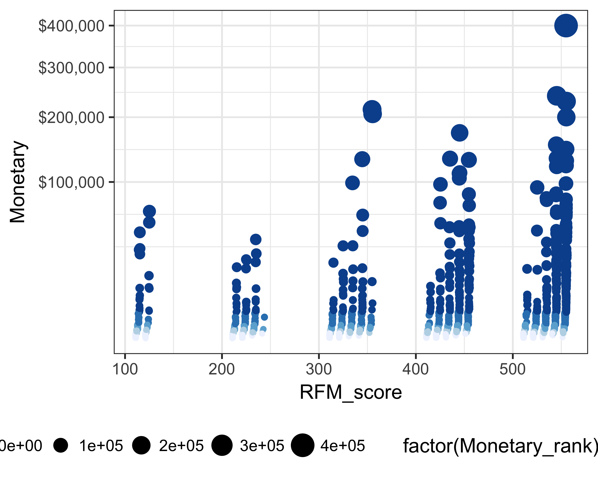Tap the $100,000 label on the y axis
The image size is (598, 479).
[71, 182]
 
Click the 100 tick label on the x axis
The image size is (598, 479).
[125, 370]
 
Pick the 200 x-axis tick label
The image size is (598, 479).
[222, 370]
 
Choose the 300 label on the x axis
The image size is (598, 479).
[319, 370]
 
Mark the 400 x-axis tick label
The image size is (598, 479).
[415, 370]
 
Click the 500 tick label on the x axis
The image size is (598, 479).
[512, 370]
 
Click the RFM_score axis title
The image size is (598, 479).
[351, 392]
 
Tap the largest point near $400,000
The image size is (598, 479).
[566, 26]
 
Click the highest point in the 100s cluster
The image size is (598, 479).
[149, 212]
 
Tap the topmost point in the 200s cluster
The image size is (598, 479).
[256, 239]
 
